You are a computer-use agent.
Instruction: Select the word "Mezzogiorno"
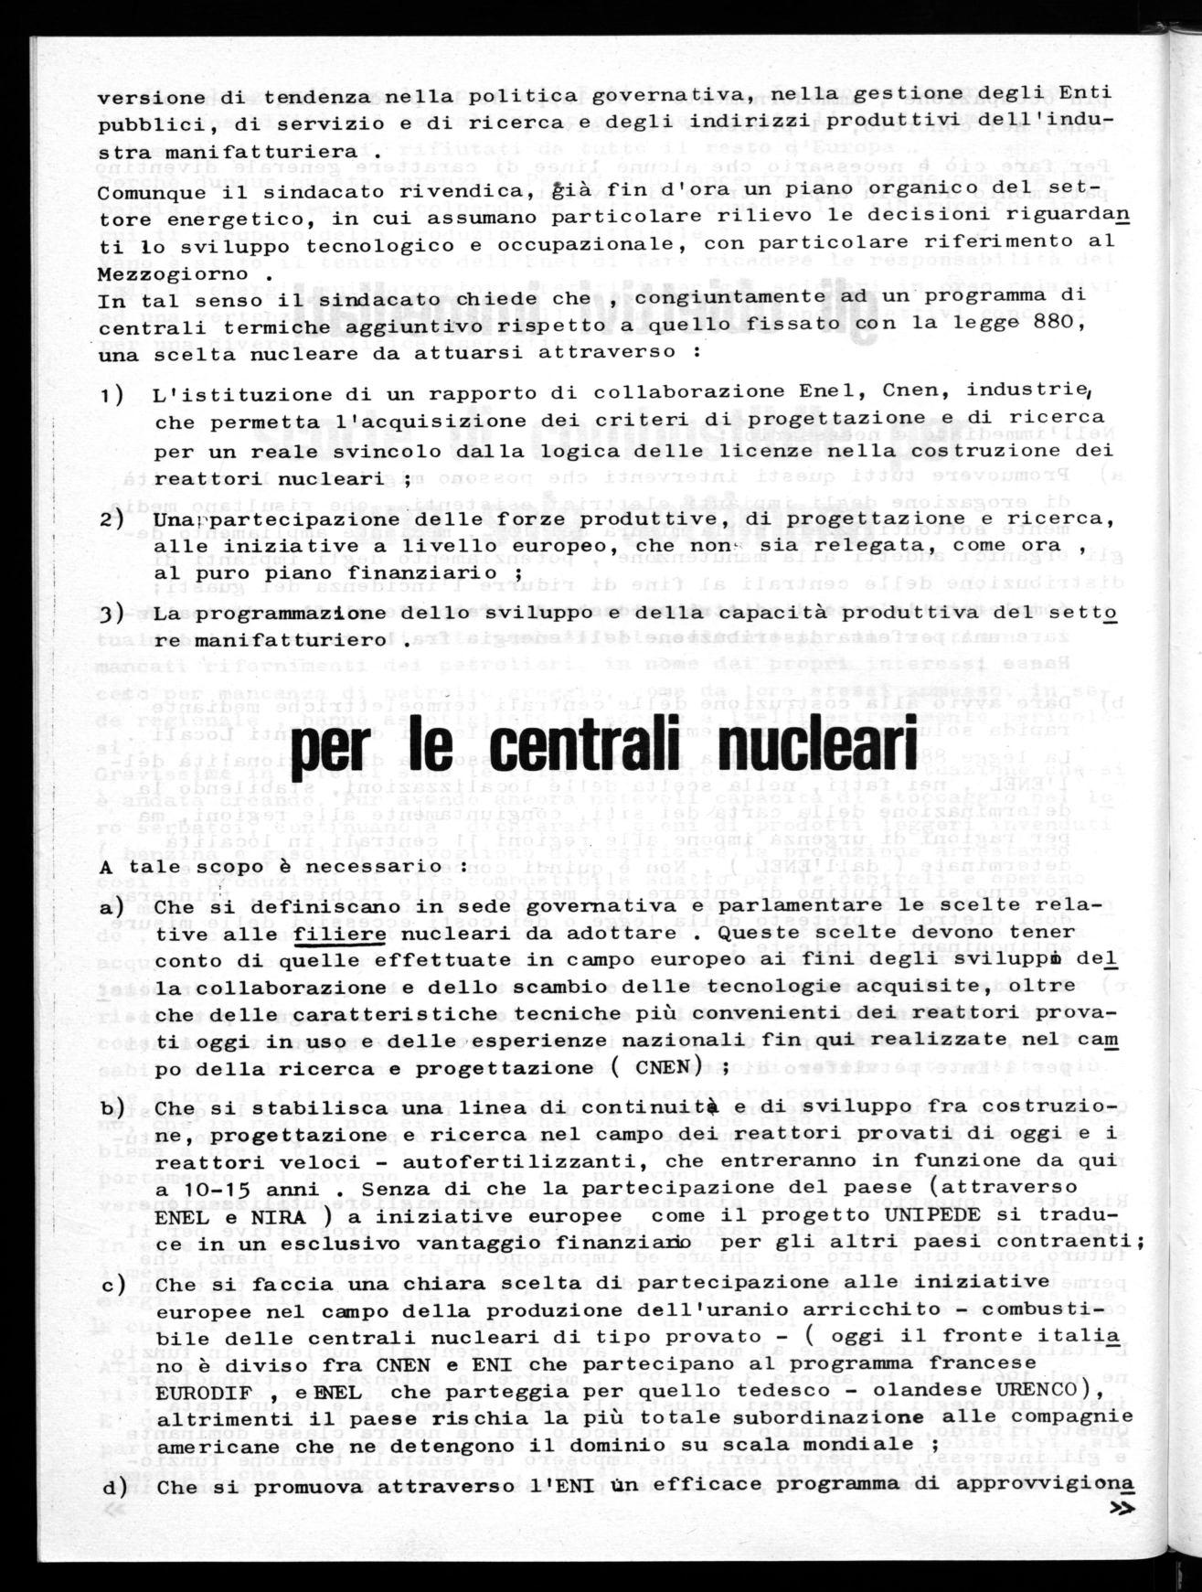click(160, 274)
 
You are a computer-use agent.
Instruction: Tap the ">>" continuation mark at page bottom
click(1122, 1510)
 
